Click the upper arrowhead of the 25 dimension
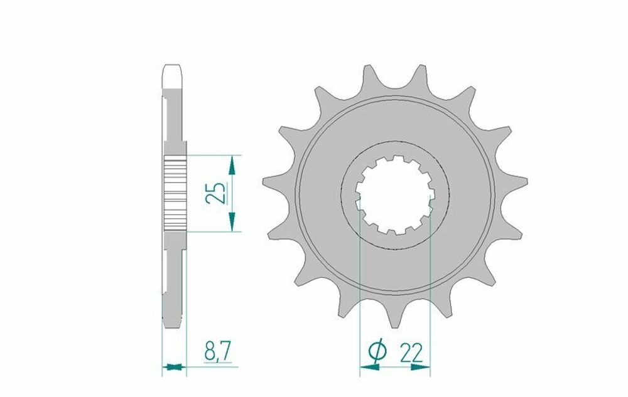click(232, 164)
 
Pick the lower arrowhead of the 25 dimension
click(232, 221)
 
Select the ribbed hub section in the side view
click(175, 193)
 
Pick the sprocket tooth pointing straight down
click(394, 317)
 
